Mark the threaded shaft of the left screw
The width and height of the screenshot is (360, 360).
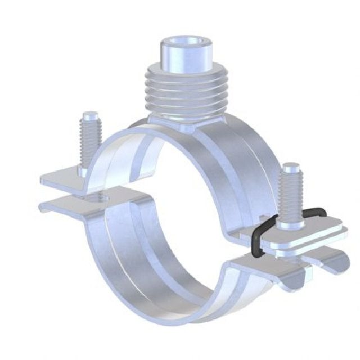pos(89,141)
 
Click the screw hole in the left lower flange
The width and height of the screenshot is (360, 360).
pos(101,197)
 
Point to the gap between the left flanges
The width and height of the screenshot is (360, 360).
pos(56,192)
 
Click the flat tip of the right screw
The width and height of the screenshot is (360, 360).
pos(290,167)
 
